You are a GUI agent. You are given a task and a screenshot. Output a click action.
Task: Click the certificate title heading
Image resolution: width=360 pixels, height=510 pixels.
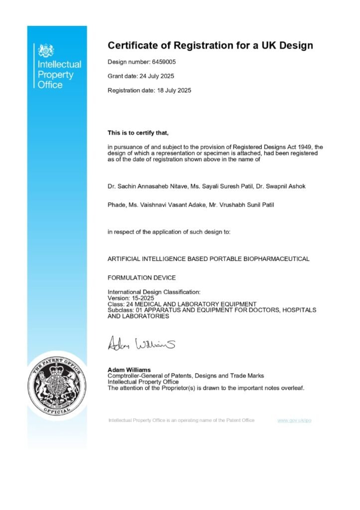point(210,46)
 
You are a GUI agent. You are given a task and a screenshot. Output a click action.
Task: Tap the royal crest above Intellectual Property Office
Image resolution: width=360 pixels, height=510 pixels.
point(46,50)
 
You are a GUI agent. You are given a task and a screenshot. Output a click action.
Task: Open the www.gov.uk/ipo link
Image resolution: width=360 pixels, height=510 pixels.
point(294,420)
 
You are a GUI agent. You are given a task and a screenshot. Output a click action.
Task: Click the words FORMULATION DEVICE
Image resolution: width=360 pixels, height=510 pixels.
point(142,277)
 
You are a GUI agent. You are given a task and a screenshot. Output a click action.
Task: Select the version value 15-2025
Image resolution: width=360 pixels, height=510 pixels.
point(143,298)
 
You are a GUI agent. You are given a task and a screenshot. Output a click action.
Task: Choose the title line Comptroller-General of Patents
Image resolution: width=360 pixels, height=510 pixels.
point(186,376)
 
